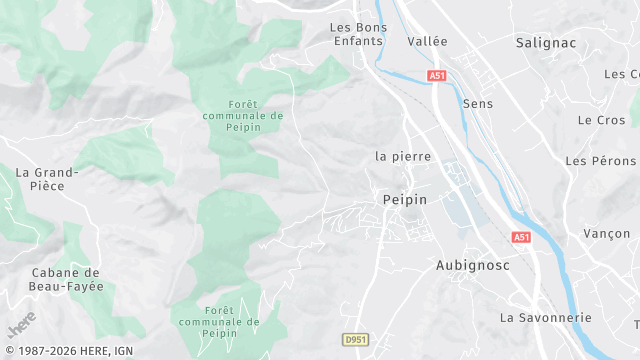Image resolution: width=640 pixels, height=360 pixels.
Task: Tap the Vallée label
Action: tap(428, 41)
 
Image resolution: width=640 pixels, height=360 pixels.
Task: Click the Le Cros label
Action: tap(601, 119)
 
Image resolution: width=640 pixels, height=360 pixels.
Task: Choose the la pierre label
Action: tap(403, 156)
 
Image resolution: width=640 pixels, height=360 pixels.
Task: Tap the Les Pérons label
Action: tap(600, 160)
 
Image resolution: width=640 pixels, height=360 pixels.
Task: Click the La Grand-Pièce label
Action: tap(41, 180)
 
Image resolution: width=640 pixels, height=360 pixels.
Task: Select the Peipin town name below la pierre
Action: tap(405, 200)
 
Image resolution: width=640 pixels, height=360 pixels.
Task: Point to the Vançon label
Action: tap(606, 233)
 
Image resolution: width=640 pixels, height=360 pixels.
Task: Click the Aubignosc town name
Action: tap(473, 265)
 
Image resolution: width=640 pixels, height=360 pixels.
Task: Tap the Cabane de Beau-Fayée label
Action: tap(67, 279)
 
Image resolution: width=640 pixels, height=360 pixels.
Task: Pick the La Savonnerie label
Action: tap(546, 317)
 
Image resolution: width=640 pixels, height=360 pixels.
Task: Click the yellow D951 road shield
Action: tap(354, 340)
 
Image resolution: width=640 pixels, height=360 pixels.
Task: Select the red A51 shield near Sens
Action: tap(436, 75)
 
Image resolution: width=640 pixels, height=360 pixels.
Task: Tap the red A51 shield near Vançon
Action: tap(521, 237)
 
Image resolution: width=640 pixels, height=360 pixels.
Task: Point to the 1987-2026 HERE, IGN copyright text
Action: tap(70, 350)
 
